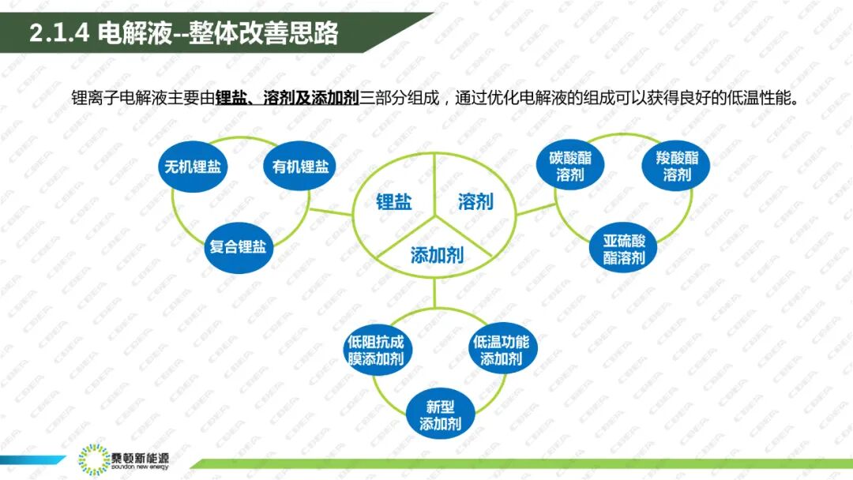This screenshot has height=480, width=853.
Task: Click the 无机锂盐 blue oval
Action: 192,167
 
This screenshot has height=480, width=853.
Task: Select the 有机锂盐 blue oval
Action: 299,167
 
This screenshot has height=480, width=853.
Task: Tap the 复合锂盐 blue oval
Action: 237,246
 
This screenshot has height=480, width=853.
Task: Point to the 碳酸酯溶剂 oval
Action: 569,166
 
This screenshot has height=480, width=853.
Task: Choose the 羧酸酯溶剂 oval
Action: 677,166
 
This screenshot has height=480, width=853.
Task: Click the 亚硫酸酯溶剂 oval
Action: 624,249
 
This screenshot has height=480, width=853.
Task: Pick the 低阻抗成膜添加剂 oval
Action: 376,351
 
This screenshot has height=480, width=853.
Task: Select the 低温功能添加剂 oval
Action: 501,351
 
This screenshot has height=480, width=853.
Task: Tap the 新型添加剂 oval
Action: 440,415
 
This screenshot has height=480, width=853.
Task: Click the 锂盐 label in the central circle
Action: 393,201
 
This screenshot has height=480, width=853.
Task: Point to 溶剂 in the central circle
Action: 475,201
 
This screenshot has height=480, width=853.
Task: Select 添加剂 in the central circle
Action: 436,255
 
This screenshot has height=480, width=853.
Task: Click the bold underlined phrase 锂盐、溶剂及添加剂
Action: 287,100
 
